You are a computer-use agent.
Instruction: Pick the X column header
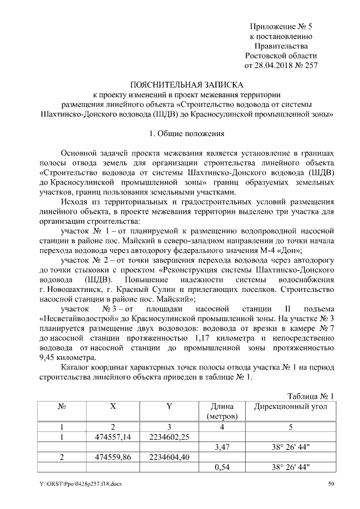click(x=112, y=406)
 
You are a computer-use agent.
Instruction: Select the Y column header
click(x=169, y=406)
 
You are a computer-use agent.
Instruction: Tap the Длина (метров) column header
click(x=222, y=411)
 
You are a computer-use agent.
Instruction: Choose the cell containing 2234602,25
click(x=169, y=437)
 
